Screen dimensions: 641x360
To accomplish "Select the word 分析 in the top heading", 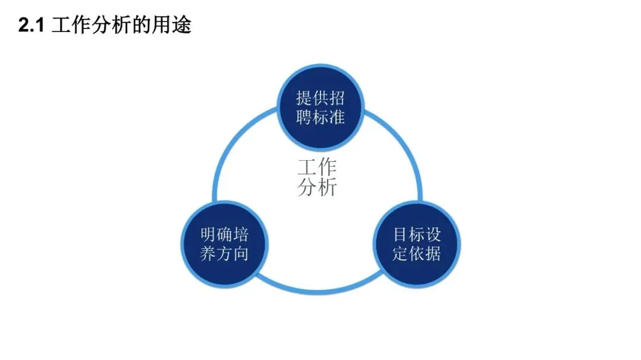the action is [x=107, y=26].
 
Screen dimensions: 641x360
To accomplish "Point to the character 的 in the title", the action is [x=142, y=26].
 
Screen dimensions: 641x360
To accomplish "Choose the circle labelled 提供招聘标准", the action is [x=320, y=107].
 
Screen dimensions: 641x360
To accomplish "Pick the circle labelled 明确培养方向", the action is [x=224, y=243].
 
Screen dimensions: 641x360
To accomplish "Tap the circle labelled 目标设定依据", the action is [x=417, y=243].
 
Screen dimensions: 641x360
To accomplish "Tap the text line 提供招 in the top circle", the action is [x=320, y=98].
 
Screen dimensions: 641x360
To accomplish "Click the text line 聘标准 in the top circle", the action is [x=320, y=117].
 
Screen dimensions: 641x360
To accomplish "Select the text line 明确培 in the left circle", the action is [x=224, y=234].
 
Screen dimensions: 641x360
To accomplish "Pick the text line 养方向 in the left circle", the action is [x=224, y=254].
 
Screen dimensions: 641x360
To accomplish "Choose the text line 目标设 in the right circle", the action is [x=417, y=234].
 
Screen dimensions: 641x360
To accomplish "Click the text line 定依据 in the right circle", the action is [x=417, y=254].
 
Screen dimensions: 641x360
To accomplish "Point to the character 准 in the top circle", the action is [x=337, y=117].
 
